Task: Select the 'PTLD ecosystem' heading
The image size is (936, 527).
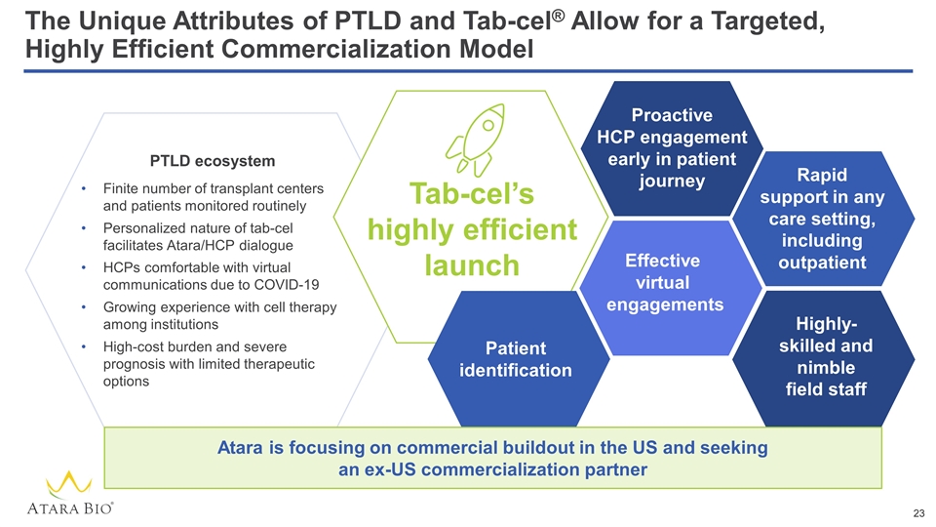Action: click(212, 160)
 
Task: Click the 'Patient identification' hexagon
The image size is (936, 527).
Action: click(515, 359)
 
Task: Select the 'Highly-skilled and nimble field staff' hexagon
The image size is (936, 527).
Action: click(824, 356)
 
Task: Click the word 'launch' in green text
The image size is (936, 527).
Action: click(473, 264)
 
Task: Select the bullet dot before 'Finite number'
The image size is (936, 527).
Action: click(87, 188)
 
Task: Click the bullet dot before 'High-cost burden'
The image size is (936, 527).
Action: click(87, 346)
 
